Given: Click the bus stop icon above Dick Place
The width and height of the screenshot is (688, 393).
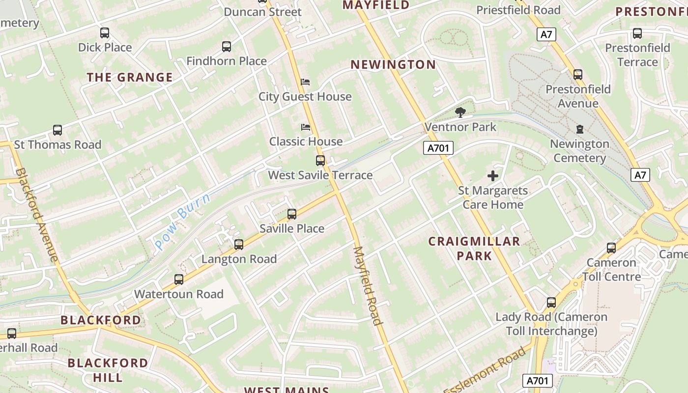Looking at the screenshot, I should (105, 33).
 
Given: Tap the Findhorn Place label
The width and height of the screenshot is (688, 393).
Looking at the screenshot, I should (227, 61).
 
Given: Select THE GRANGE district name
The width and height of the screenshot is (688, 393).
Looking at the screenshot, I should (130, 77).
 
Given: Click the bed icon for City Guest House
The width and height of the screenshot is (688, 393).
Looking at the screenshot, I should (305, 82).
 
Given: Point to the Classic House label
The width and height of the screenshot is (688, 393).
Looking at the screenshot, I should (306, 141).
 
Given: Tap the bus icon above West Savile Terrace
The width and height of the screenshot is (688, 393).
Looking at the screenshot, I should (320, 160).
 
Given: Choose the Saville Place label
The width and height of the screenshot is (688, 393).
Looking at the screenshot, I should (292, 228).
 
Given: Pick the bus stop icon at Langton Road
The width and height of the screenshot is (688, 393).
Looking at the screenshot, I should (239, 244).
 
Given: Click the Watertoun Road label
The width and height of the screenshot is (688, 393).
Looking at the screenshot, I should (179, 294).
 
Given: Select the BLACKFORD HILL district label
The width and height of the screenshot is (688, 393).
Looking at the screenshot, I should (108, 370).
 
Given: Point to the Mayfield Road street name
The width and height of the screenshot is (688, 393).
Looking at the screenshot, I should (368, 285).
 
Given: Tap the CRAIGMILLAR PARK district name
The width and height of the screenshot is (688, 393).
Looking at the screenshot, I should (474, 248).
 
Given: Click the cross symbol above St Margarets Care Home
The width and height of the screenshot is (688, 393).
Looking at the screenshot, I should (492, 176).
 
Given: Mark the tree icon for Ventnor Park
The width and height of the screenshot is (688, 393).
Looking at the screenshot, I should (460, 112).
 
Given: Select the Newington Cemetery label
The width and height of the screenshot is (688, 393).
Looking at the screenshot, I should (579, 151).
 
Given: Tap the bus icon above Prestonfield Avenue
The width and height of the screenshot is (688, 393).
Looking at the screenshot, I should (578, 75).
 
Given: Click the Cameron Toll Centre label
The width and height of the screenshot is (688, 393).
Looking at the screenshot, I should (612, 269).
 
